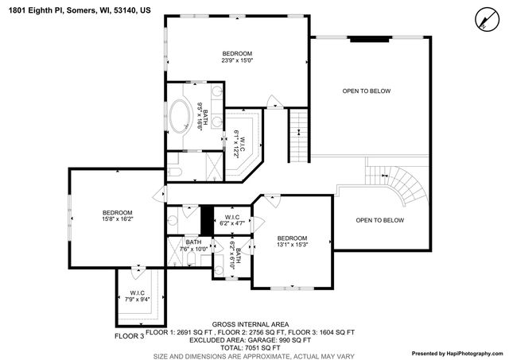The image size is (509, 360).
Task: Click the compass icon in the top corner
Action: [x=484, y=17]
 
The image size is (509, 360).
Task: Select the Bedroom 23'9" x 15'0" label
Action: [x=237, y=56]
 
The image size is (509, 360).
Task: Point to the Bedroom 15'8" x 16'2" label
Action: [x=117, y=216]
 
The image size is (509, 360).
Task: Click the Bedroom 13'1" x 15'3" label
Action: [x=292, y=242]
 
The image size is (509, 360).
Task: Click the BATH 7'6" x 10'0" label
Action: [x=193, y=246]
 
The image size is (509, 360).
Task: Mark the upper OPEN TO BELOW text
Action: [x=367, y=91]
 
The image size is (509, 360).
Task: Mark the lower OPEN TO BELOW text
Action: [x=379, y=220]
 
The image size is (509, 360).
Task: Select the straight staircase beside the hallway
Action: [x=297, y=136]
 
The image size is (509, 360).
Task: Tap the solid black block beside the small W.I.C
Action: [x=207, y=218]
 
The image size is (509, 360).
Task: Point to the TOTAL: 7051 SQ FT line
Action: [x=251, y=348]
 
